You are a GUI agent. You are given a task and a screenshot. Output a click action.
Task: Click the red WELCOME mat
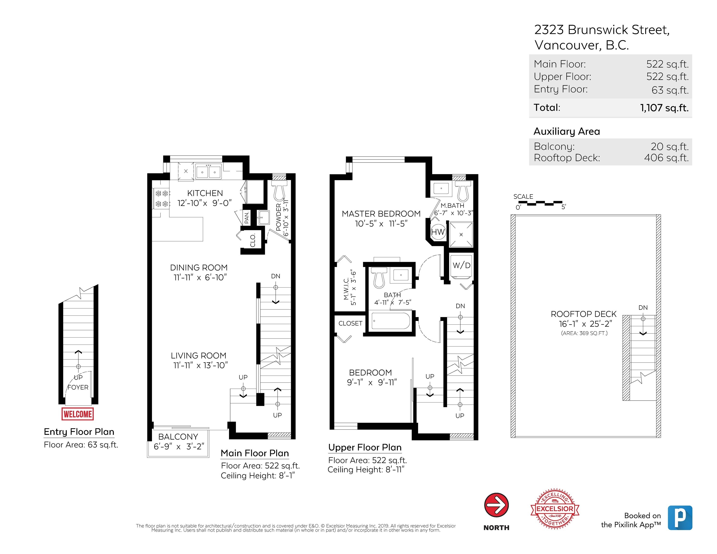(x=77, y=414)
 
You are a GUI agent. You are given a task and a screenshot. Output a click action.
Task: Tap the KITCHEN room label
(x=205, y=193)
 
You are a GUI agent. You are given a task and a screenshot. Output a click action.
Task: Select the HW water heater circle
(x=438, y=232)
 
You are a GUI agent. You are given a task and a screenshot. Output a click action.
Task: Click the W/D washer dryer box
(x=461, y=265)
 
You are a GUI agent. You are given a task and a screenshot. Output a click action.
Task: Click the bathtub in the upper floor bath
(x=390, y=321)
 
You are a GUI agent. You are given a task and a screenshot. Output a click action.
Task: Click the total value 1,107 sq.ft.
(x=664, y=108)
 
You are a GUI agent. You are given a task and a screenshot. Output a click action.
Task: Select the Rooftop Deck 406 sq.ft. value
(x=666, y=158)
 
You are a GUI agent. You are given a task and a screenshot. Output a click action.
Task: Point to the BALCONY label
(x=178, y=436)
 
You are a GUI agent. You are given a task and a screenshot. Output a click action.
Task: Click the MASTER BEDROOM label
(x=381, y=214)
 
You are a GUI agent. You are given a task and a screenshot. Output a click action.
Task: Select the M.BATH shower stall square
(x=461, y=234)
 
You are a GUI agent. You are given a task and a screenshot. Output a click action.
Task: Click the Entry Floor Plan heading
(x=79, y=432)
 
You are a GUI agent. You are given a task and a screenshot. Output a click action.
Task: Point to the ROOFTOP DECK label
(x=583, y=314)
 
